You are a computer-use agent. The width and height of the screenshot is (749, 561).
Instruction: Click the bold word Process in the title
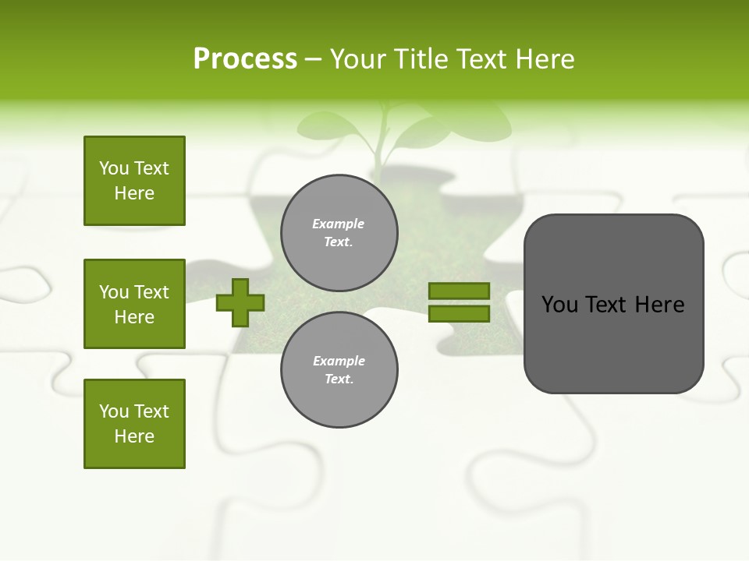tap(245, 59)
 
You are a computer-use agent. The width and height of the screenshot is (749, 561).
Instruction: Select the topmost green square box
tap(134, 181)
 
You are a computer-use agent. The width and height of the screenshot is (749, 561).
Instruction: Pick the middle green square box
tap(134, 304)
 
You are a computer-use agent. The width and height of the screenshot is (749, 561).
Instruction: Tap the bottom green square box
tap(134, 424)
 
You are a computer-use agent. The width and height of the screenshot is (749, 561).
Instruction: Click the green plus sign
tap(240, 302)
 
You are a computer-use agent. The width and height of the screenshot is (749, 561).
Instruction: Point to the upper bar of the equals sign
tap(459, 291)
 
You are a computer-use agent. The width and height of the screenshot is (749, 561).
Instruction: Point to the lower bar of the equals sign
tap(459, 313)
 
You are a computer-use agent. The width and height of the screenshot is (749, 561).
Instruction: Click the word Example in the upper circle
tap(339, 224)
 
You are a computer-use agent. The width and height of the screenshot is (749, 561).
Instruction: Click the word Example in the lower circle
tap(339, 361)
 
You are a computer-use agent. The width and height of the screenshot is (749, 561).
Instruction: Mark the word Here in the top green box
tap(134, 193)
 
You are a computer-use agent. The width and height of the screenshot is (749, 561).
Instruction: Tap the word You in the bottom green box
tap(114, 411)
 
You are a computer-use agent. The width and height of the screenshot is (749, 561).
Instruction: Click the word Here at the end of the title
tap(546, 59)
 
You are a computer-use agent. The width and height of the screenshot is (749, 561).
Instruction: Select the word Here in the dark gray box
tap(660, 305)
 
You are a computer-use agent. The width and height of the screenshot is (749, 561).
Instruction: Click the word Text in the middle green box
tap(151, 292)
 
